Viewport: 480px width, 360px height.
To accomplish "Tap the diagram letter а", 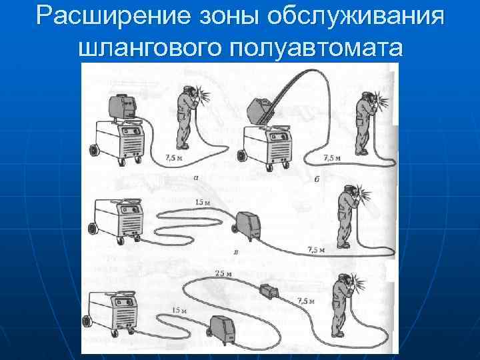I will pos(195,178).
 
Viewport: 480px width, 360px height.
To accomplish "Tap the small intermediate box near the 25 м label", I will pos(269,291).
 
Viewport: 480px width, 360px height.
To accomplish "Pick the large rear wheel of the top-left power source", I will pos(93,151).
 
